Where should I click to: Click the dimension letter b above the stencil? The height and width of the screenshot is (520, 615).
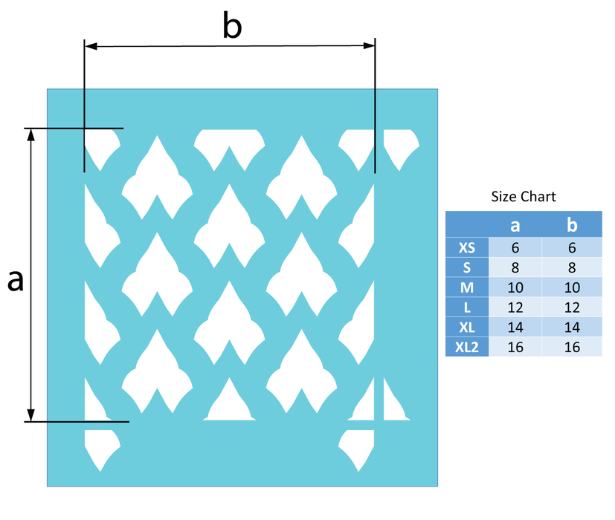[x=233, y=27]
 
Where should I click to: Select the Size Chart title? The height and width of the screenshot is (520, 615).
[x=524, y=197]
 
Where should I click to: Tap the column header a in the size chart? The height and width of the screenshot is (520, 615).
[x=514, y=224]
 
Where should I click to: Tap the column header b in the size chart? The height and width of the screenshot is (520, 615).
[x=572, y=224]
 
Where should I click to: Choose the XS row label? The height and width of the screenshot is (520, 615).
[x=467, y=247]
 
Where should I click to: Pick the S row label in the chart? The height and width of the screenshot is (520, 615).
[x=467, y=267]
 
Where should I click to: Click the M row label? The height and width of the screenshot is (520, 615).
[x=467, y=287]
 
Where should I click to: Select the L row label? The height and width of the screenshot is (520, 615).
[x=467, y=307]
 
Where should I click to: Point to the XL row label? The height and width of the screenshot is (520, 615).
[x=467, y=327]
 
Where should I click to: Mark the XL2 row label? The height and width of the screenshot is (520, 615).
[x=467, y=347]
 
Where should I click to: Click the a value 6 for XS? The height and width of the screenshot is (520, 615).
[x=514, y=247]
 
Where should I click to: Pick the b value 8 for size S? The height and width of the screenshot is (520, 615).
[x=572, y=267]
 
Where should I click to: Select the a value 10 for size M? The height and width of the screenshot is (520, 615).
[x=514, y=287]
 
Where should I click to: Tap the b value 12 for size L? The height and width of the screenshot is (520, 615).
[x=572, y=307]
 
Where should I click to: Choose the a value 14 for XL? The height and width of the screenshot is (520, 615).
[x=514, y=327]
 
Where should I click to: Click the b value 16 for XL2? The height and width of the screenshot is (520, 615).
[x=572, y=347]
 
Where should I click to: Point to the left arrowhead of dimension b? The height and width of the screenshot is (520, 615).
[x=90, y=46]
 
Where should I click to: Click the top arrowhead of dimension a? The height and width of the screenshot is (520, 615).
[x=31, y=134]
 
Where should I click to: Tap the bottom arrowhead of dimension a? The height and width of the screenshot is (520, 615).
[x=31, y=416]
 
